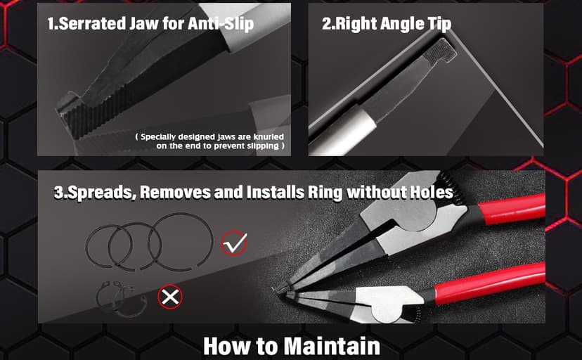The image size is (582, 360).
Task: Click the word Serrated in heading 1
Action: coord(92,23)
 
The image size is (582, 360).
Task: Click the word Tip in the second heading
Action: coord(439,24)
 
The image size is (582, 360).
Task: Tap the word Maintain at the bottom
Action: coord(332,346)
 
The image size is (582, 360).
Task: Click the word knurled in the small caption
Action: coord(269,137)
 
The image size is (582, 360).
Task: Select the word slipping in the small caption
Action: coord(263,146)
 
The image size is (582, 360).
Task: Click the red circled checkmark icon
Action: coord(234,243)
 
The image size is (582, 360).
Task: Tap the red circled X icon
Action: coord(170,297)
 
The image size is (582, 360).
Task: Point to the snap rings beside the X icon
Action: coord(122,298)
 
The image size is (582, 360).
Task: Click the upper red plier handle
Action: coord(512,209)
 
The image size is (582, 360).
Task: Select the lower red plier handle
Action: coord(490,284)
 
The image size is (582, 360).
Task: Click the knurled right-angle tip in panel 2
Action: coord(440,51)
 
